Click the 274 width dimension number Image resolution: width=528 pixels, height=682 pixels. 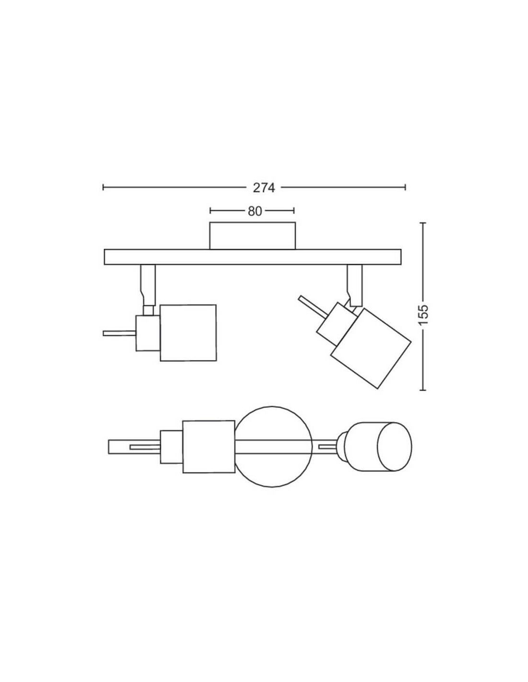pyautogui.click(x=264, y=188)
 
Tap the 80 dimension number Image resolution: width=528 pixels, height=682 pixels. pyautogui.click(x=255, y=212)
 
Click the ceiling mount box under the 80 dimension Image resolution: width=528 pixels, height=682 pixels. pyautogui.click(x=252, y=235)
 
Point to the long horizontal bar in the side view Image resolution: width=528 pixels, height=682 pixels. pyautogui.click(x=252, y=258)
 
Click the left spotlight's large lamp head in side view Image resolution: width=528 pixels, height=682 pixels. pyautogui.click(x=188, y=333)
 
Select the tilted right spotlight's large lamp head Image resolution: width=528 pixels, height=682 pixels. pyautogui.click(x=371, y=348)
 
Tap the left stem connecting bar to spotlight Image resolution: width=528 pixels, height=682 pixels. pyautogui.click(x=148, y=285)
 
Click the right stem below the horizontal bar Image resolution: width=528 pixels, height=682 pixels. pyautogui.click(x=355, y=285)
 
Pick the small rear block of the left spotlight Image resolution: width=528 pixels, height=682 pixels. pyautogui.click(x=148, y=333)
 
